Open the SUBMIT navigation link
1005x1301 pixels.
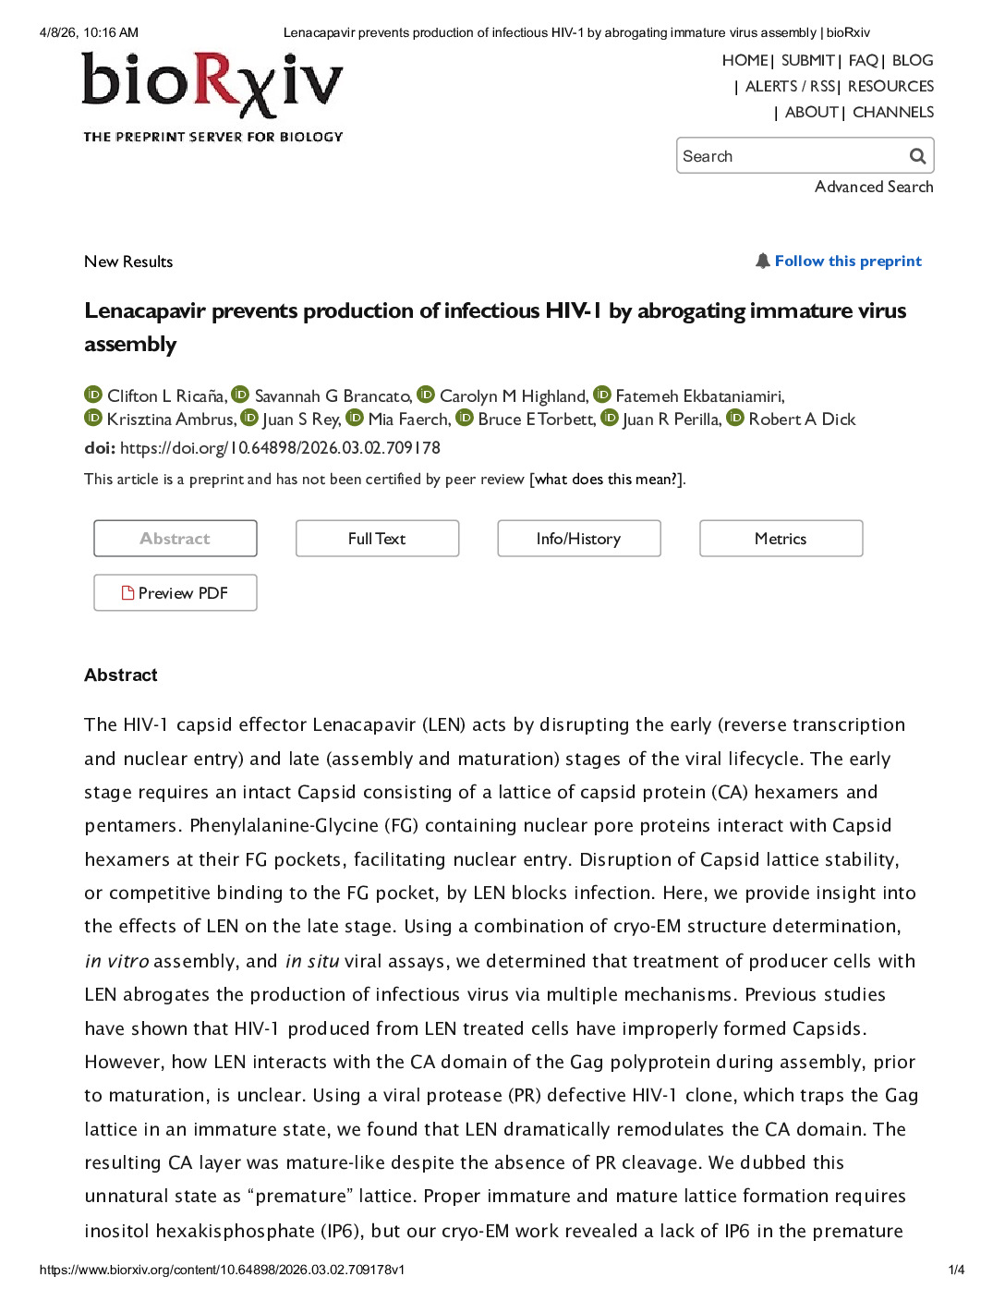(807, 61)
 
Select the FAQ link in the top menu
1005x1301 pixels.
(863, 61)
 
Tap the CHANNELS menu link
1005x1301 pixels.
(892, 113)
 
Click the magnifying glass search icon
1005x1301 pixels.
(917, 156)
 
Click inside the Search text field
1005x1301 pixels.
(790, 156)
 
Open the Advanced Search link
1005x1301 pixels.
(874, 187)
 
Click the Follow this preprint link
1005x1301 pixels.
(848, 261)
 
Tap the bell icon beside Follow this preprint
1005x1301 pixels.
(763, 261)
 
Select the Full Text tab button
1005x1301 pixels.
(377, 539)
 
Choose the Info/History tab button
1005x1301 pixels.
(579, 539)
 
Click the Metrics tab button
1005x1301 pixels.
(781, 539)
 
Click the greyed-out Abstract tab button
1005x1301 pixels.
(176, 539)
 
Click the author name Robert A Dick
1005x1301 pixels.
(802, 419)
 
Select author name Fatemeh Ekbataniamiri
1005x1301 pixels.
(699, 396)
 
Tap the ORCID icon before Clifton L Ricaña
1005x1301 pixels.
(93, 395)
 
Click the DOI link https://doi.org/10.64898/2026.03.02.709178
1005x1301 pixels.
(280, 448)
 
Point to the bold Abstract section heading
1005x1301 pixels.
(121, 675)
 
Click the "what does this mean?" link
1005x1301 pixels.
(607, 480)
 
